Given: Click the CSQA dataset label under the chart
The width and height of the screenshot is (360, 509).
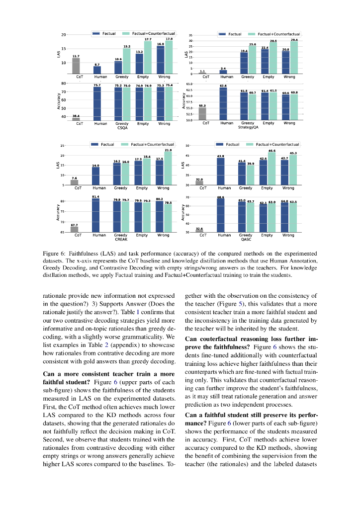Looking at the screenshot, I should pos(122,128).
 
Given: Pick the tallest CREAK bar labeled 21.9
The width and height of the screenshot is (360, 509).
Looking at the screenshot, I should pos(168,168).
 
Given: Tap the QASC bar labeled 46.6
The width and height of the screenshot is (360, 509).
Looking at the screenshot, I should pos(272,169).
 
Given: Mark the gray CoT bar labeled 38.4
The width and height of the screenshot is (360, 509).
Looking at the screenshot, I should pos(76,118).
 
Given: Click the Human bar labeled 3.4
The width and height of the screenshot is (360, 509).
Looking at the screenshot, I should pos(223,72).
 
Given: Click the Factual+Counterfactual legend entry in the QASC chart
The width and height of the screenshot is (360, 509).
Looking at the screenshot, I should pos(278,144).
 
